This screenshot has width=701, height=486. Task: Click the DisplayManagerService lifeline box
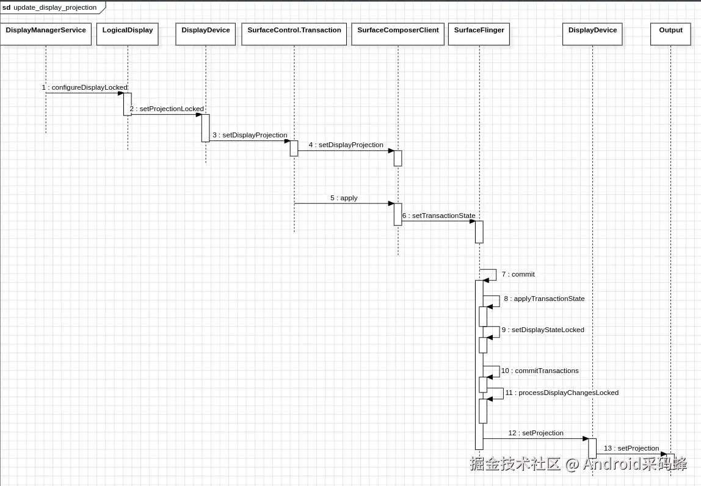(x=46, y=34)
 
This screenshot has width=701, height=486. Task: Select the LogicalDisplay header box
(x=128, y=34)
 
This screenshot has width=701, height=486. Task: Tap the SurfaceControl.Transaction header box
(x=294, y=34)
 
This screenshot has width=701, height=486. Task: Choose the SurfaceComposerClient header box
(x=398, y=34)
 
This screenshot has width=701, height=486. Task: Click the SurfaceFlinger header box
(x=479, y=34)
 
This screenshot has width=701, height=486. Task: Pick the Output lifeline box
(x=670, y=34)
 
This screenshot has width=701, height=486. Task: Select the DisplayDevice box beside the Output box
(x=592, y=34)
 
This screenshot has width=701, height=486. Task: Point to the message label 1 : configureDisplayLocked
(x=85, y=87)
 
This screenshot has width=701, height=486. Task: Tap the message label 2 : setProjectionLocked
(x=167, y=109)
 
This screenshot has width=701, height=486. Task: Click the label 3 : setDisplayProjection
(x=250, y=135)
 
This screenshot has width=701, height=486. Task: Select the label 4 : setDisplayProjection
(x=346, y=145)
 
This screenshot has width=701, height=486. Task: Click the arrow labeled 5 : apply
(x=344, y=203)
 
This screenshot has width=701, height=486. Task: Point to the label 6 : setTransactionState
(x=438, y=216)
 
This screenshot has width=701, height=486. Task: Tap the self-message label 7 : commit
(x=518, y=274)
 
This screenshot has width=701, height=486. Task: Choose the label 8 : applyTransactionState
(x=544, y=299)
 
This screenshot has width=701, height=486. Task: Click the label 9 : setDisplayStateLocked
(x=543, y=330)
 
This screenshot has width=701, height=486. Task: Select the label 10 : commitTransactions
(x=540, y=371)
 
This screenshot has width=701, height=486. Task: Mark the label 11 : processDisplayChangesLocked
(x=562, y=393)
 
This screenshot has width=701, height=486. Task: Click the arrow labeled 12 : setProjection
(x=536, y=438)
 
